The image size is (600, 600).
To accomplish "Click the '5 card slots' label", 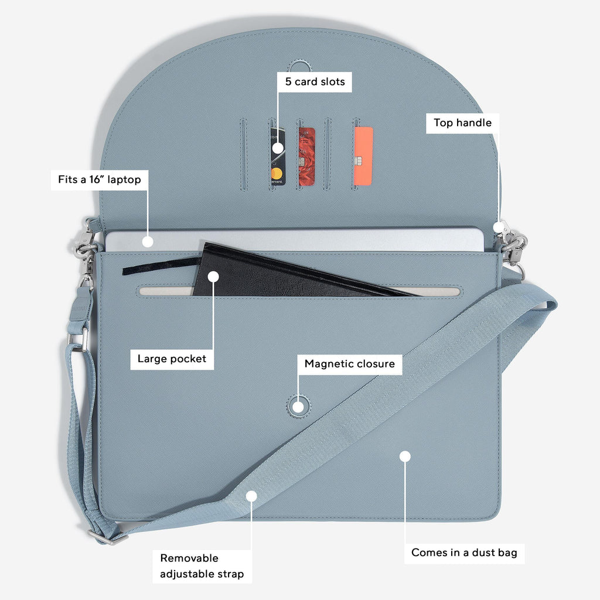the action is (x=315, y=81).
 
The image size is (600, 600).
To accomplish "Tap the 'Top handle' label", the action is (x=463, y=123).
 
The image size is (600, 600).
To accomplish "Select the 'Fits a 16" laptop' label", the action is (x=100, y=179).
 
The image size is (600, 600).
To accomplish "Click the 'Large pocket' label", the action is (x=172, y=359).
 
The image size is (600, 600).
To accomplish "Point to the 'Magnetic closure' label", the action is (x=350, y=364).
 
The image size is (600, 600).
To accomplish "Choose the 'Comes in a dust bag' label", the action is (x=464, y=553).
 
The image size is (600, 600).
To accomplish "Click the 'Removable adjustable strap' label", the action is (x=202, y=567).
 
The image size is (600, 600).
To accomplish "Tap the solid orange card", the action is (x=363, y=156).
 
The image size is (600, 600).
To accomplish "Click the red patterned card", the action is (x=306, y=156).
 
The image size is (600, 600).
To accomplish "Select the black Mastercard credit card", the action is (x=278, y=156).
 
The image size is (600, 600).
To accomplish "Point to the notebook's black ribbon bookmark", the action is (x=161, y=265).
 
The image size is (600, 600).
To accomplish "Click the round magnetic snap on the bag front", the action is (x=298, y=406).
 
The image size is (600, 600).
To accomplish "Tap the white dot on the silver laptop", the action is (x=148, y=242).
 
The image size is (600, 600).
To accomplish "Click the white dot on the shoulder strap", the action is (x=251, y=496).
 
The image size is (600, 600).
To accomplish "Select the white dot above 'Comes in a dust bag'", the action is (x=405, y=456).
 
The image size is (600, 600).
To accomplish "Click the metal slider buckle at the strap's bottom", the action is (x=107, y=537).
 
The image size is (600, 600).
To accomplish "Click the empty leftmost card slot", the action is (x=243, y=154).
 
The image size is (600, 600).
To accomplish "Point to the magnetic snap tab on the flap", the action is (x=299, y=65).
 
